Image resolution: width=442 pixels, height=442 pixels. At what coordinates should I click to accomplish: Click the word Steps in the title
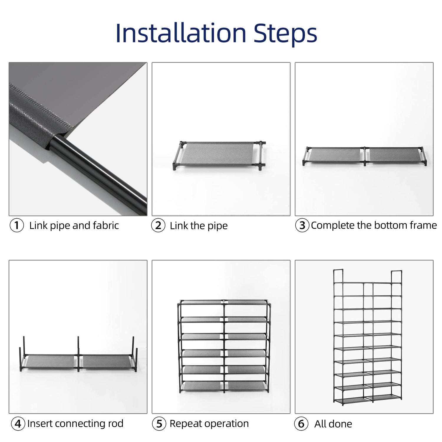[285, 34]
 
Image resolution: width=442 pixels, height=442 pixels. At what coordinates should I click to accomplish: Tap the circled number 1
[17, 225]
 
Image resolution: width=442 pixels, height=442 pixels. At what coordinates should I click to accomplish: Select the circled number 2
[158, 225]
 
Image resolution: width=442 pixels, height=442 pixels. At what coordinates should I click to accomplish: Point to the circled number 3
[302, 225]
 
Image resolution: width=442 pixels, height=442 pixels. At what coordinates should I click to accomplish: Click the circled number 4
[18, 424]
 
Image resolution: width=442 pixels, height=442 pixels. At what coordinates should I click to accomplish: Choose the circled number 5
[159, 424]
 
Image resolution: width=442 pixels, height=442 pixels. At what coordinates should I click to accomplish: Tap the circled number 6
[301, 424]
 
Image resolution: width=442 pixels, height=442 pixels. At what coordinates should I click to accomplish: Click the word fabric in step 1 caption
[106, 225]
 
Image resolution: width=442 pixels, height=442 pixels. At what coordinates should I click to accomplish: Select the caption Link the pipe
[199, 226]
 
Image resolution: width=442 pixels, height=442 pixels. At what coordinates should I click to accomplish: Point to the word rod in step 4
[116, 423]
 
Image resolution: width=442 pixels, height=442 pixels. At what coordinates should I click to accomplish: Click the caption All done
[333, 424]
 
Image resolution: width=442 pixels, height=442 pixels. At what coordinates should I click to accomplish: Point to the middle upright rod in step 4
[78, 354]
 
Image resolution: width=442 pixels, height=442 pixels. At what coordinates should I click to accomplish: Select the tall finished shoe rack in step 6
[367, 337]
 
